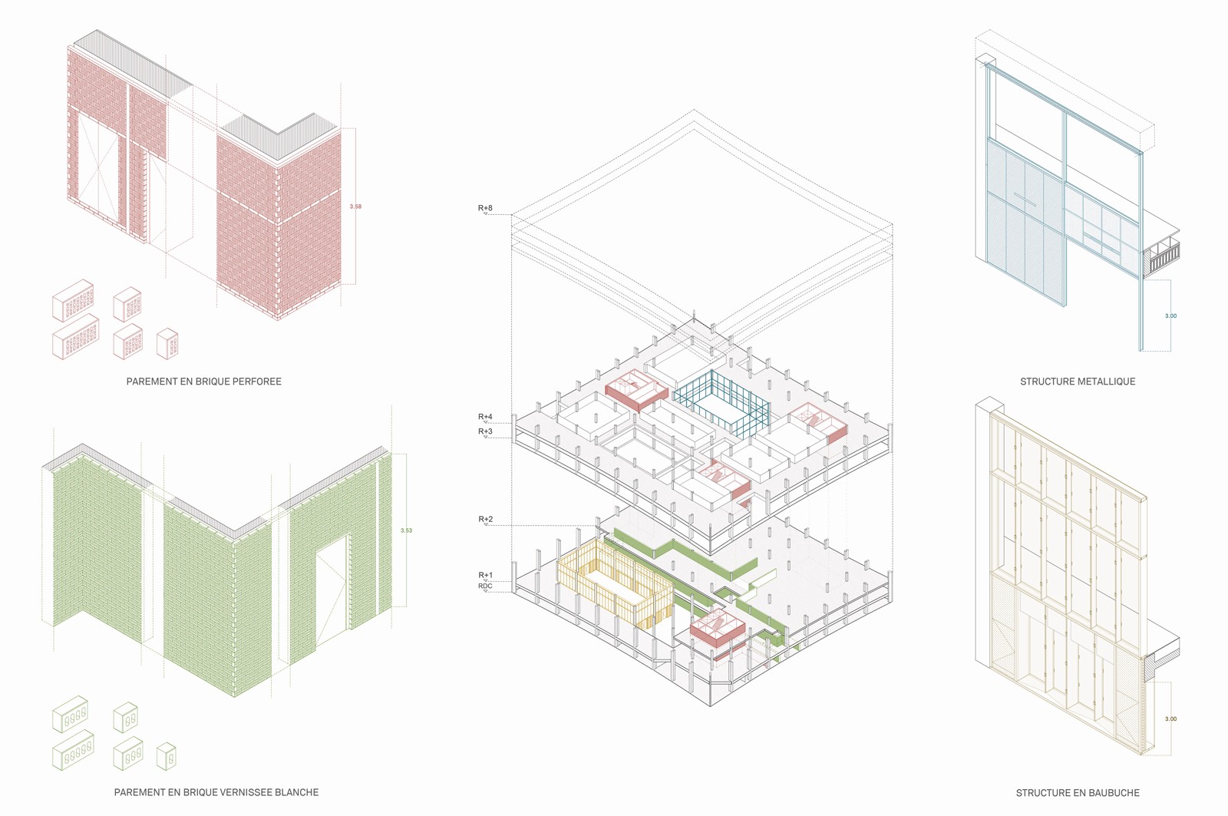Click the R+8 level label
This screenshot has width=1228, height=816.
[485, 208]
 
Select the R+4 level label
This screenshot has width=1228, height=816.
[485, 417]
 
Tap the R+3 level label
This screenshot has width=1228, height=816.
[485, 431]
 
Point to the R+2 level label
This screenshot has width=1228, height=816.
[485, 520]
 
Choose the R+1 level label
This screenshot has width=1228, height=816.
[485, 575]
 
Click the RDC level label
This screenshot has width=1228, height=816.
[485, 586]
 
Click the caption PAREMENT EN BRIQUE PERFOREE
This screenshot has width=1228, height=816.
[203, 382]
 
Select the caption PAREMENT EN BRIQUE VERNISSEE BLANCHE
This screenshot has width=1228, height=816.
[216, 792]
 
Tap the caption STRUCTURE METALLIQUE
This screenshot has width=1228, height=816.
[1077, 382]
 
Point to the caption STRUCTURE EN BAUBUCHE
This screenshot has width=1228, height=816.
[1077, 793]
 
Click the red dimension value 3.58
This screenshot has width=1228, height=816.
[355, 206]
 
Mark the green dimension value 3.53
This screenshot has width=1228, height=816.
[406, 530]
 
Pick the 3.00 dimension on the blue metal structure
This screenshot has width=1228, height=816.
[1170, 315]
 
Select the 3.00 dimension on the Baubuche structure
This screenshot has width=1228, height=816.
[1170, 719]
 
